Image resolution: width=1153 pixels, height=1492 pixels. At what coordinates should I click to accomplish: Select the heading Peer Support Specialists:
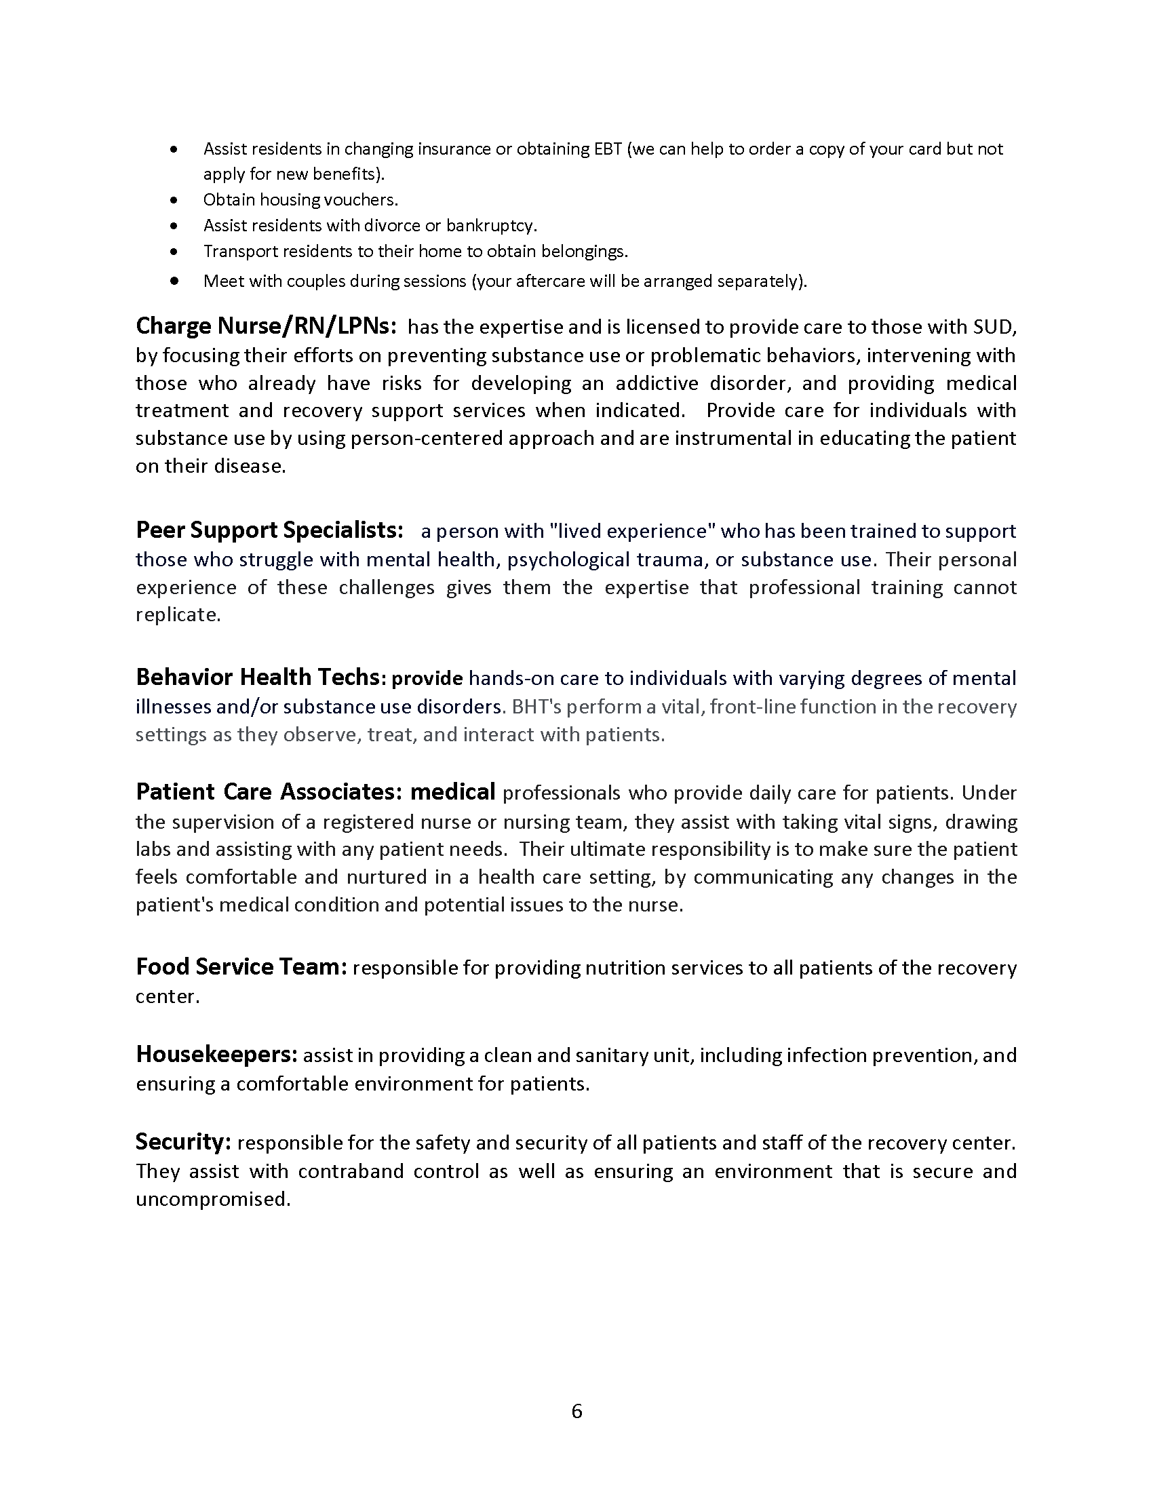tap(270, 530)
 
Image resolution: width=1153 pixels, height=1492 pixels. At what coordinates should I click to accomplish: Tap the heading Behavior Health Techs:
tap(262, 677)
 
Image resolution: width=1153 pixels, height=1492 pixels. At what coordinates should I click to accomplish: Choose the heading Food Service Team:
tap(242, 966)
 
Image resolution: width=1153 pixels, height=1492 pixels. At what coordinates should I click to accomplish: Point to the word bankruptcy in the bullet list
tap(491, 225)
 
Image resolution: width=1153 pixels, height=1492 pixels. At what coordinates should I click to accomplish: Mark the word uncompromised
tap(213, 1199)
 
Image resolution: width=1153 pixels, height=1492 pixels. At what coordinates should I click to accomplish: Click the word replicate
tap(178, 615)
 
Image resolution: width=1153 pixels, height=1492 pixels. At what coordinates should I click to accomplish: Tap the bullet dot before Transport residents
tap(175, 252)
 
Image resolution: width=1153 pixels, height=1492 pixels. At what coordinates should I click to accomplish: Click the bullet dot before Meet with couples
tap(175, 280)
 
